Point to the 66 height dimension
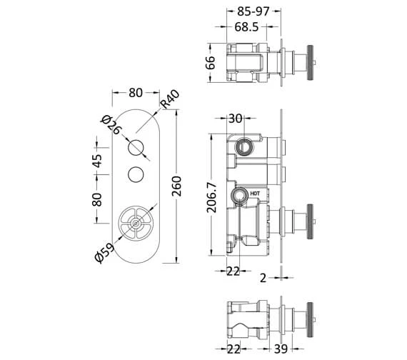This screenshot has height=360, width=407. point(210,63)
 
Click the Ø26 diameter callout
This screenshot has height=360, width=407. point(110,127)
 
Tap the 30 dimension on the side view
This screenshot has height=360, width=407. point(236,119)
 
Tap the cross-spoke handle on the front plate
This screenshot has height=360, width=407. point(136,223)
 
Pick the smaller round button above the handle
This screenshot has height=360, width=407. point(136,174)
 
